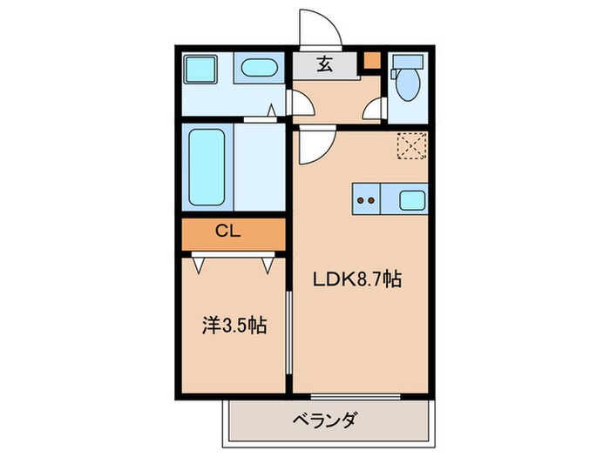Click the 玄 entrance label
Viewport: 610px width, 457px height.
(324, 64)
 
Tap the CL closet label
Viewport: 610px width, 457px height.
(228, 232)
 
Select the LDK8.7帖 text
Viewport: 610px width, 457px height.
(357, 279)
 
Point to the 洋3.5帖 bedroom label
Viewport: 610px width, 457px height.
(234, 326)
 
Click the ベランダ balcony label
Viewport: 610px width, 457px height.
(324, 420)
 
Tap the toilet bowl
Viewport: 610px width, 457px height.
(408, 84)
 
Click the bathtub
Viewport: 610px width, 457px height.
(207, 167)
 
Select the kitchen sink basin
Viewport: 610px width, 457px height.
(412, 200)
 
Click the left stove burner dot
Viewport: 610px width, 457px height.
(361, 200)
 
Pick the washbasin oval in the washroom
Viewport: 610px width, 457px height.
(259, 69)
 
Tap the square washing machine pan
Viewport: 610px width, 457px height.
(200, 69)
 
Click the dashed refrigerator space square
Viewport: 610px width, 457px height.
(411, 145)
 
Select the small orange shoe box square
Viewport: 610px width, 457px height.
(371, 60)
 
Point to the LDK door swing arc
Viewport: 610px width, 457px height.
(325, 153)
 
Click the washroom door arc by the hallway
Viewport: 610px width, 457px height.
(308, 97)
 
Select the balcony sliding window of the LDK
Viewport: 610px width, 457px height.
(356, 397)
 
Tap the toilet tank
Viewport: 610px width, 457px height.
(408, 62)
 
